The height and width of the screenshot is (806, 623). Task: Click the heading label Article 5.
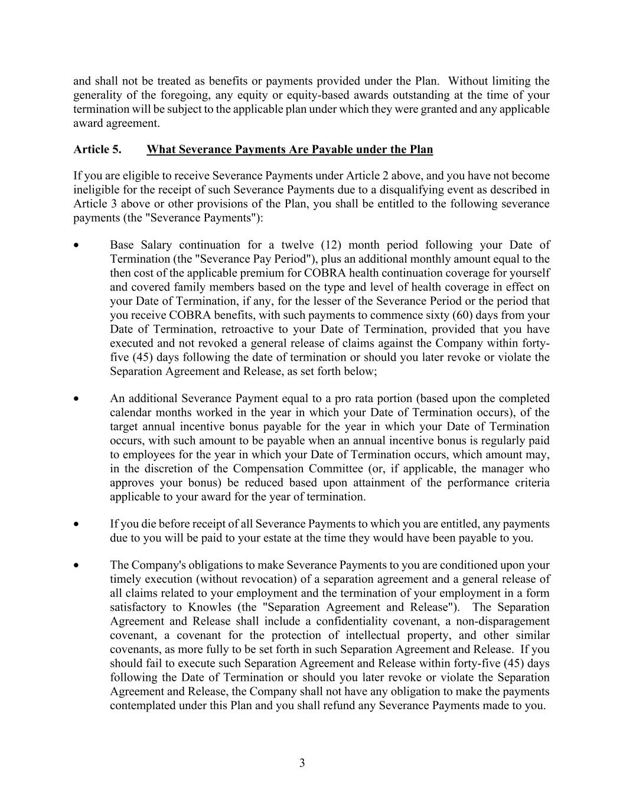click(x=97, y=149)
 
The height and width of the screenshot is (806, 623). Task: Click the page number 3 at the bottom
click(x=302, y=763)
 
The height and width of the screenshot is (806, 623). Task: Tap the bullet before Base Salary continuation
click(x=76, y=245)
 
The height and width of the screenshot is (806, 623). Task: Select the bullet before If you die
click(x=76, y=524)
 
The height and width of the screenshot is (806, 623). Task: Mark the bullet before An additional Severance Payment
click(x=76, y=399)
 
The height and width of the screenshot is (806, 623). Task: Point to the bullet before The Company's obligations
click(x=76, y=565)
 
